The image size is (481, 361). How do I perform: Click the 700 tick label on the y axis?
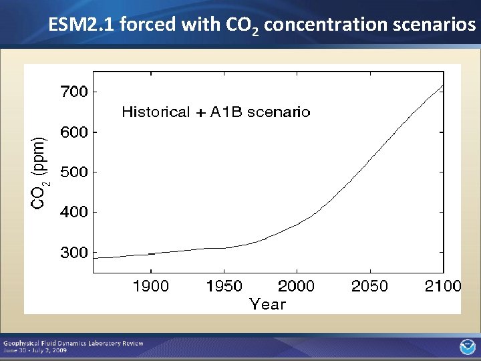74,92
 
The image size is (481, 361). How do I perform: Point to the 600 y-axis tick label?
74,132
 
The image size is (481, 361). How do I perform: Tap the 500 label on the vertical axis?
74,172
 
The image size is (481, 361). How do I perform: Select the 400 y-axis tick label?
74,213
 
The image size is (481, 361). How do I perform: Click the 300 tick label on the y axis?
74,253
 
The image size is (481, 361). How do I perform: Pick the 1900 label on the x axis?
151,287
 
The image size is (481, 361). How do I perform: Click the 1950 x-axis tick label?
224,287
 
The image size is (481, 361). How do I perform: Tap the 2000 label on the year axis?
297,287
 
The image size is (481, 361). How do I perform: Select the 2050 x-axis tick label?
369,287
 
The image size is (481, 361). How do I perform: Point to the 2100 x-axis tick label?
443,287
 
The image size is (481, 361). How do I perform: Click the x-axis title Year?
267,305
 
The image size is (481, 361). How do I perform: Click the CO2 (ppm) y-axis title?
40,171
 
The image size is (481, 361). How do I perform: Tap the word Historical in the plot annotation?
156,112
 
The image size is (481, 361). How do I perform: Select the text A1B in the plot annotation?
226,112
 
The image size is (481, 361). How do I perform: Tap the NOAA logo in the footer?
466,346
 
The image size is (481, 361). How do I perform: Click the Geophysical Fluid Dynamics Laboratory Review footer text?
73,343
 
